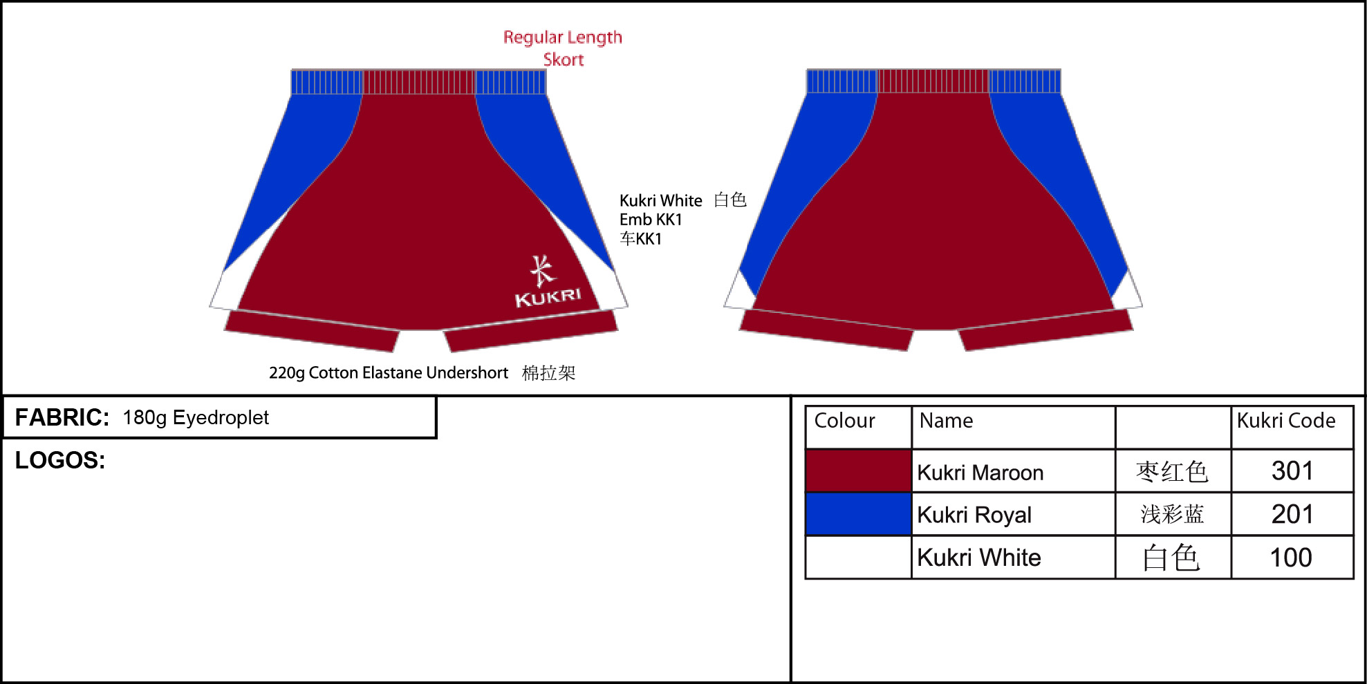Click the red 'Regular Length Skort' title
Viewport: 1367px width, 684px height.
click(563, 48)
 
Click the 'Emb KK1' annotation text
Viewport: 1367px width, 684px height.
click(651, 220)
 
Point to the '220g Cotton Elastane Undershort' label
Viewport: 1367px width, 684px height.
click(389, 373)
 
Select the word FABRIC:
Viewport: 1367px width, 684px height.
click(62, 417)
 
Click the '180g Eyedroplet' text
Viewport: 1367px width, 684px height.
click(196, 417)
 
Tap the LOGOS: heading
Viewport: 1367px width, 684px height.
click(60, 460)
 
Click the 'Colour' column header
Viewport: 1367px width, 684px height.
click(844, 421)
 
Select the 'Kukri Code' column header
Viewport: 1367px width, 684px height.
click(1286, 421)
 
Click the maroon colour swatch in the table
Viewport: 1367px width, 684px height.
click(859, 471)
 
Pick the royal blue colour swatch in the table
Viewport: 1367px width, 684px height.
click(859, 514)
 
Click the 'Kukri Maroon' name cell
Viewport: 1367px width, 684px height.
click(980, 473)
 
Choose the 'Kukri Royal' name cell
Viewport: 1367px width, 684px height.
click(974, 515)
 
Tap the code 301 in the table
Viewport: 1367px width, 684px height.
click(1292, 471)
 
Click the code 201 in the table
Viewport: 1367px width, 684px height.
click(1292, 514)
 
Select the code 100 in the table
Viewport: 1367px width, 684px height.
click(1291, 558)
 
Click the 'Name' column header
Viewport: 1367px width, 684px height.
click(946, 421)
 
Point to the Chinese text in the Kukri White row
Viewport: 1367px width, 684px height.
click(1171, 558)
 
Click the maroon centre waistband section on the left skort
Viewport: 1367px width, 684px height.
click(419, 82)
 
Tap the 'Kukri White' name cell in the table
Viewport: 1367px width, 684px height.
click(979, 558)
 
